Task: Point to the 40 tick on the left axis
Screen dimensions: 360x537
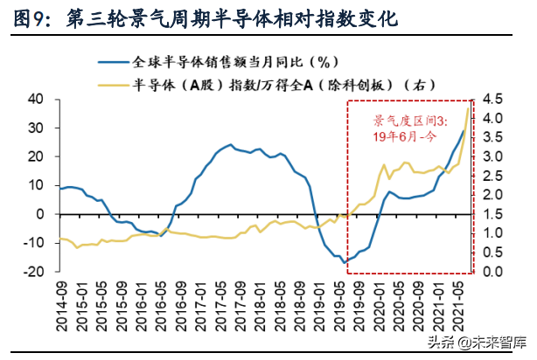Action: point(36,99)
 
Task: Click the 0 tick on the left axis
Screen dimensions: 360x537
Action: point(40,214)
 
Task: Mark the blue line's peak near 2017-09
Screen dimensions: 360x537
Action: point(230,145)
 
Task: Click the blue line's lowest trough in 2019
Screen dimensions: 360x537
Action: point(345,261)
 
